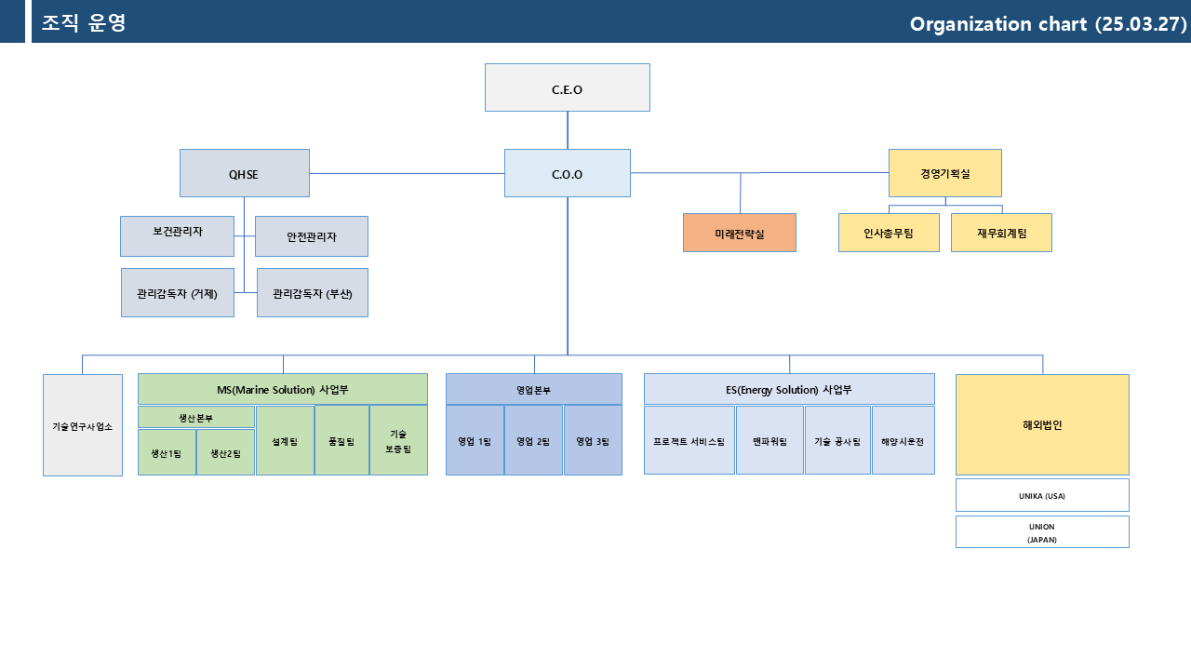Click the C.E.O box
[568, 87]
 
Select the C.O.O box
[568, 173]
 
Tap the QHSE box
[245, 173]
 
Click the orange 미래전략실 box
[740, 233]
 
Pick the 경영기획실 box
[945, 173]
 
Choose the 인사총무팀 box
[889, 233]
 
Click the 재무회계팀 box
[1002, 233]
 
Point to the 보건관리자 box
[177, 236]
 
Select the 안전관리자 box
[312, 236]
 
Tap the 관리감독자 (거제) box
[178, 293]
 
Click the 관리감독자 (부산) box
[313, 293]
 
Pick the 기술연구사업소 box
[83, 425]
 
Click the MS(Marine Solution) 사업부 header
[283, 389]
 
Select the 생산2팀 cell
[225, 452]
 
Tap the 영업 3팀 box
[593, 440]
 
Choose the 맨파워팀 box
[769, 440]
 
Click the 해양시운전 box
[903, 440]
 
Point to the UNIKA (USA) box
[1043, 496]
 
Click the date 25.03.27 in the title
[1141, 24]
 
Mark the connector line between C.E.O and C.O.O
[568, 130]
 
